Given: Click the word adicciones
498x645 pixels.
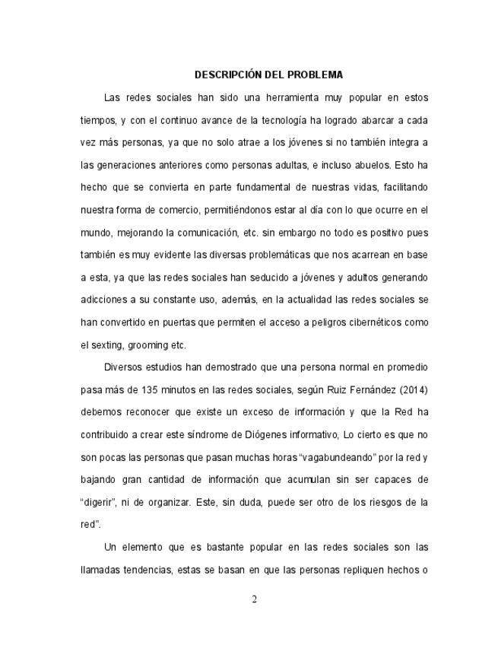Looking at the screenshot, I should pos(106,300).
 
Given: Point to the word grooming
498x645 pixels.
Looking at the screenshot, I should pos(151,345).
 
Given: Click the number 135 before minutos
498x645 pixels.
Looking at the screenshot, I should pos(151,389).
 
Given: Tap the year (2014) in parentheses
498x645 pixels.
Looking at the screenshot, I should pos(411,389).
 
